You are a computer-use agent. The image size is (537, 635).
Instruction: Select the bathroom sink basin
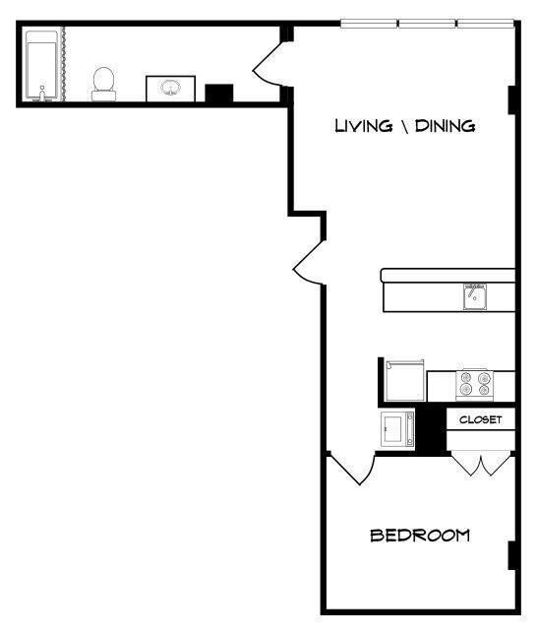[x=171, y=90]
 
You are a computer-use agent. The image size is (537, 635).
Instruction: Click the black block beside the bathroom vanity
[x=218, y=93]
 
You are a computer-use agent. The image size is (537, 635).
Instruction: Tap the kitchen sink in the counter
[x=476, y=295]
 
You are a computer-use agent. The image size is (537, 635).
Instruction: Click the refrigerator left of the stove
[x=403, y=380]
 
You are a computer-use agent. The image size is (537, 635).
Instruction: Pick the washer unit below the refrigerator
[x=397, y=429]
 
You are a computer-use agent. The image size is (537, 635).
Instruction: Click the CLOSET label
[x=481, y=419]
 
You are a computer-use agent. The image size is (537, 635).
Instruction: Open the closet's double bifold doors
[x=480, y=463]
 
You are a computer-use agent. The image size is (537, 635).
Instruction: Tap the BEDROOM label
[x=419, y=537]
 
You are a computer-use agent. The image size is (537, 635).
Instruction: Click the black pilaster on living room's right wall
[x=512, y=99]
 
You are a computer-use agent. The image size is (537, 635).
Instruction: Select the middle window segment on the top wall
[x=426, y=23]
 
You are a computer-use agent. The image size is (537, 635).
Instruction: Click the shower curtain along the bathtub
[x=64, y=65]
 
